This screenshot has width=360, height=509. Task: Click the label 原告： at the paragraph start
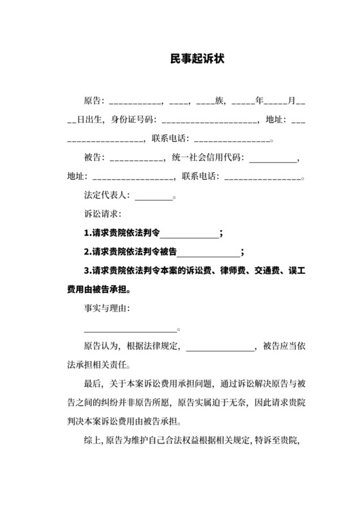[94, 102]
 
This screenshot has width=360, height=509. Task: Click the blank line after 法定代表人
[154, 197]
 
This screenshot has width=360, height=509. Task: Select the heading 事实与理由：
[107, 309]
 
